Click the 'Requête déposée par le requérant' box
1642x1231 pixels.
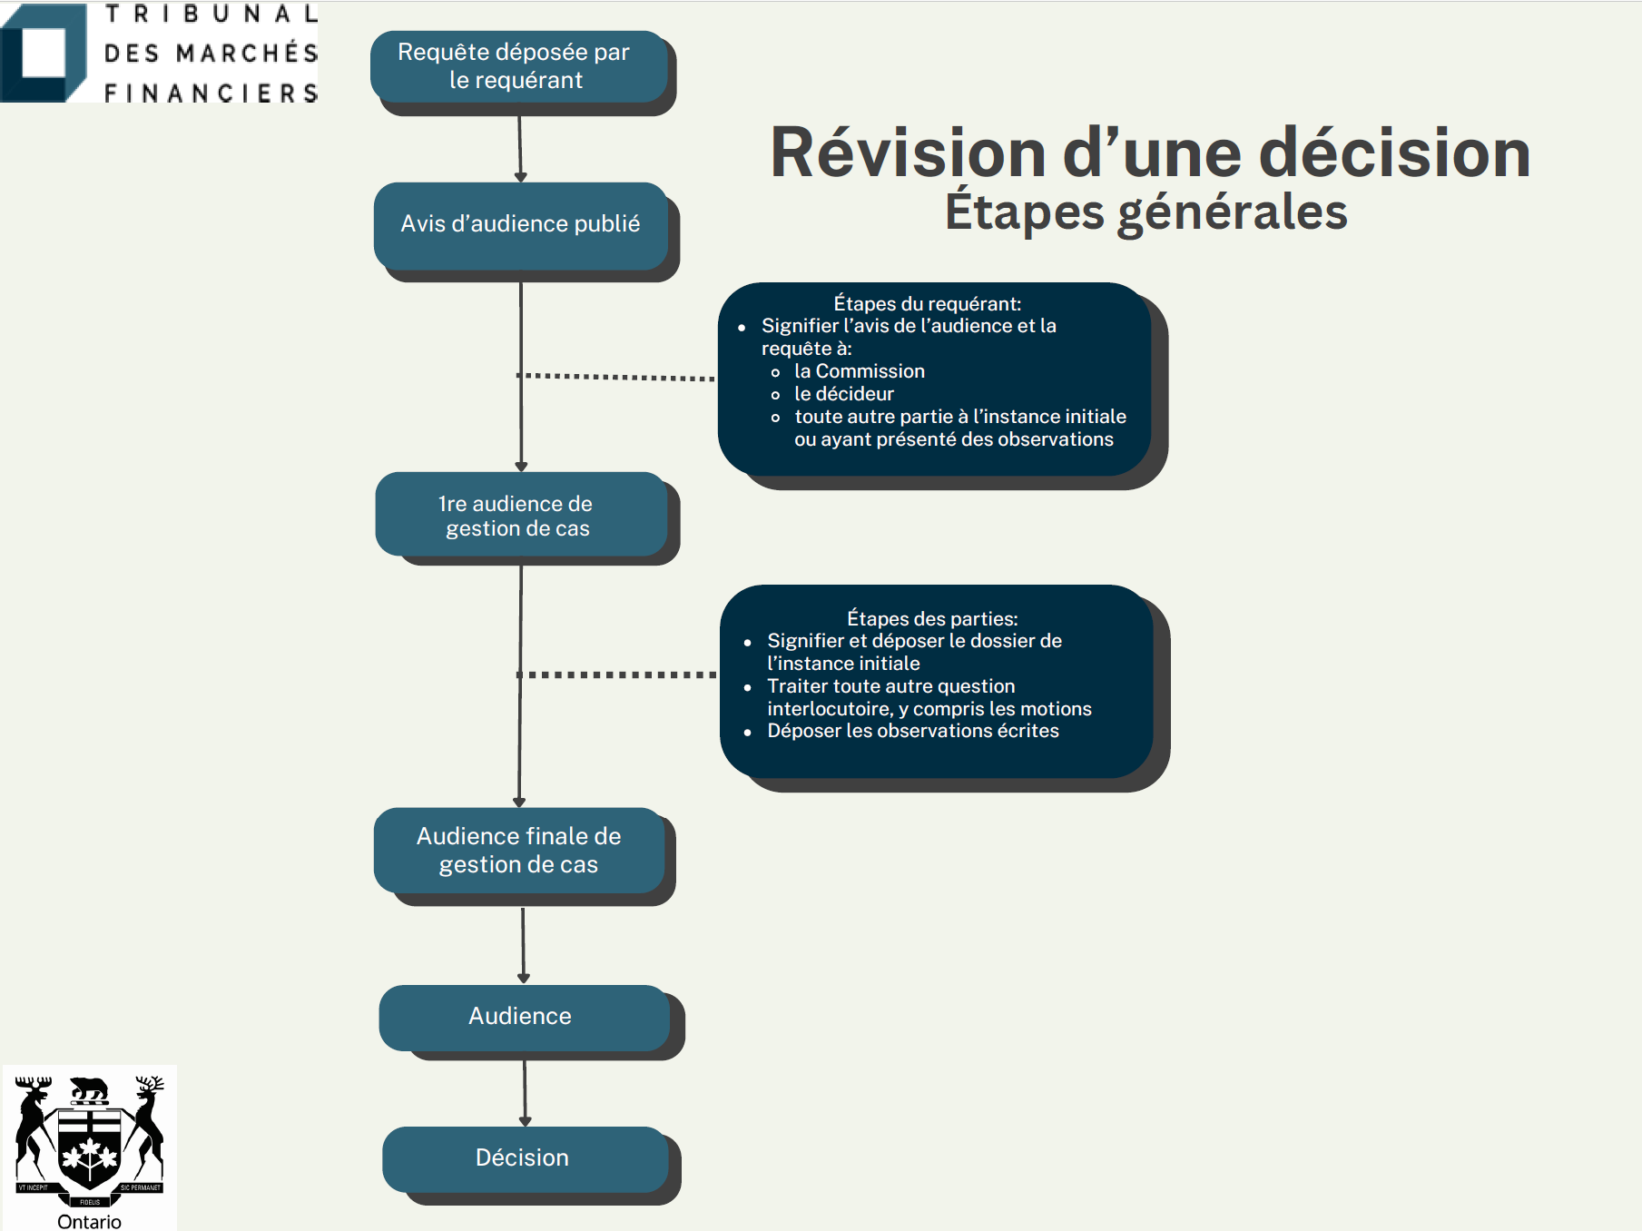click(519, 66)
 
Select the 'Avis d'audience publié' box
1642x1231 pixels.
click(521, 225)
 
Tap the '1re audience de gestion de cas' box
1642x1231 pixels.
click(522, 514)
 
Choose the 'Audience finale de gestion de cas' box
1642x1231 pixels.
click(519, 850)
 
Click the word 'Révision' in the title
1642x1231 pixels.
click(908, 152)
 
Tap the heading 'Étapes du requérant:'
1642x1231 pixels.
click(928, 303)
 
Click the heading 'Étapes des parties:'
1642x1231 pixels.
click(932, 618)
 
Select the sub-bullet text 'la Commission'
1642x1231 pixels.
click(860, 371)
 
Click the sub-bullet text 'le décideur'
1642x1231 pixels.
click(844, 394)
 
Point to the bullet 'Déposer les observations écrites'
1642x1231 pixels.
click(913, 731)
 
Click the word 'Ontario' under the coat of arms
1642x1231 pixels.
click(89, 1221)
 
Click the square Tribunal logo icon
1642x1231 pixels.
click(44, 53)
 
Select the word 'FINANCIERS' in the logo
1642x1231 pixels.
click(211, 93)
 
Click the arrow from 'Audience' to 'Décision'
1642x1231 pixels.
click(525, 1093)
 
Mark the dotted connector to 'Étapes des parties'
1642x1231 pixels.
click(617, 675)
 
